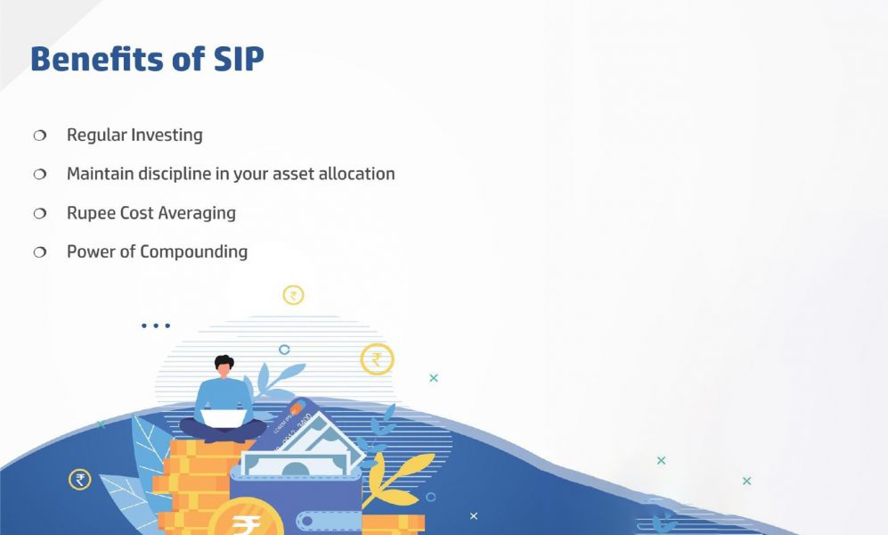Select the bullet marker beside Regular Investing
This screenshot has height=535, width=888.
pos(39,136)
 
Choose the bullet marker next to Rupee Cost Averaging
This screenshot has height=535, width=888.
pos(39,214)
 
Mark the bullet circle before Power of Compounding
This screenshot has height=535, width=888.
pos(39,252)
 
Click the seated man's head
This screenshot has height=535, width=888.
pos(224,366)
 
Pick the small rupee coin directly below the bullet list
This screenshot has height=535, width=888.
pos(293,295)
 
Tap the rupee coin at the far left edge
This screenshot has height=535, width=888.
pos(80,480)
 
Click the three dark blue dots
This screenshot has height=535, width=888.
pos(156,325)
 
